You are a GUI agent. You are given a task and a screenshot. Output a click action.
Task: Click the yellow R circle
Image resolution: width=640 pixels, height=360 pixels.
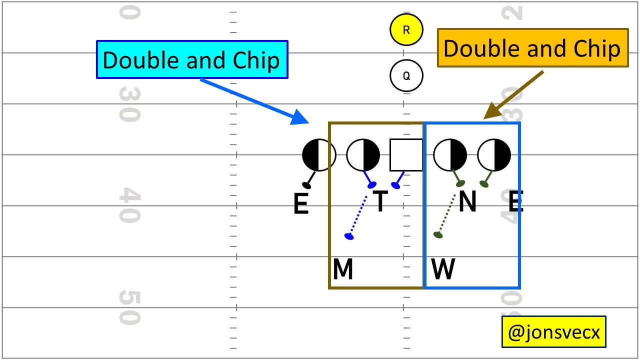(406, 30)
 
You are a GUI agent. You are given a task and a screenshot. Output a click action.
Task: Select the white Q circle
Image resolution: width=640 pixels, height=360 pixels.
(406, 76)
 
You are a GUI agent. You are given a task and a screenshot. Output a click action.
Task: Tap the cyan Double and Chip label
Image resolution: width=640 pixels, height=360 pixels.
(192, 60)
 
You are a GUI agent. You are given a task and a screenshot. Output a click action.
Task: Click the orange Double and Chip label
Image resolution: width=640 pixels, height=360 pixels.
(532, 48)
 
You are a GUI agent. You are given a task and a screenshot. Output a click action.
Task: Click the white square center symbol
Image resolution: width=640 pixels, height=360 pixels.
(406, 155)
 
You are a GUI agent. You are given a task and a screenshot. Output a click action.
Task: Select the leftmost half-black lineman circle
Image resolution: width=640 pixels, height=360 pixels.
(319, 155)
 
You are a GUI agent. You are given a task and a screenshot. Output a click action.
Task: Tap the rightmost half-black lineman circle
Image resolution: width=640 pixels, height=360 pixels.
(494, 155)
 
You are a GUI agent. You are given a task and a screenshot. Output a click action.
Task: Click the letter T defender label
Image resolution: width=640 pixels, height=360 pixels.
(380, 201)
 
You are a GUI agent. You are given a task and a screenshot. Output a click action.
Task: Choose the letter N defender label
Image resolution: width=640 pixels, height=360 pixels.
(467, 201)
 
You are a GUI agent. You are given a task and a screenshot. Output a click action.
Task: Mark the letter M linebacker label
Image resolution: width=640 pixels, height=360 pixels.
(343, 270)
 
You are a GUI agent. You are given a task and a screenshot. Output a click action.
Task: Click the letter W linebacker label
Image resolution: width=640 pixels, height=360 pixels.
(443, 270)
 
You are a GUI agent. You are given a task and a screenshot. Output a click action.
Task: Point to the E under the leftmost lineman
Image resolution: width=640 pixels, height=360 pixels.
(300, 204)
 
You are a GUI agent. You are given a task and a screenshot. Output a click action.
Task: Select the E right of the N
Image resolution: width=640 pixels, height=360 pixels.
(515, 202)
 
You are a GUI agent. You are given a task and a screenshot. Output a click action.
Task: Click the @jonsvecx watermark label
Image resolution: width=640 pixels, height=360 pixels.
(553, 331)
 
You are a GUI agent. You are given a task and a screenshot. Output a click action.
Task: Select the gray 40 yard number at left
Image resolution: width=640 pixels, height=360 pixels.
(129, 205)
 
